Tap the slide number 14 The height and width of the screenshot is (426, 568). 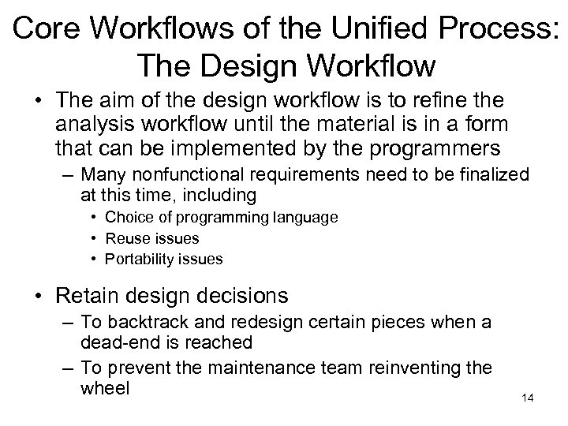pyautogui.click(x=528, y=398)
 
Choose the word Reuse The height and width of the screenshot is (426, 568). pyautogui.click(x=125, y=237)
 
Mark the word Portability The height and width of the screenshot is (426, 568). pyautogui.click(x=141, y=259)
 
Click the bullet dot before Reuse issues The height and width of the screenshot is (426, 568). pyautogui.click(x=94, y=238)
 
